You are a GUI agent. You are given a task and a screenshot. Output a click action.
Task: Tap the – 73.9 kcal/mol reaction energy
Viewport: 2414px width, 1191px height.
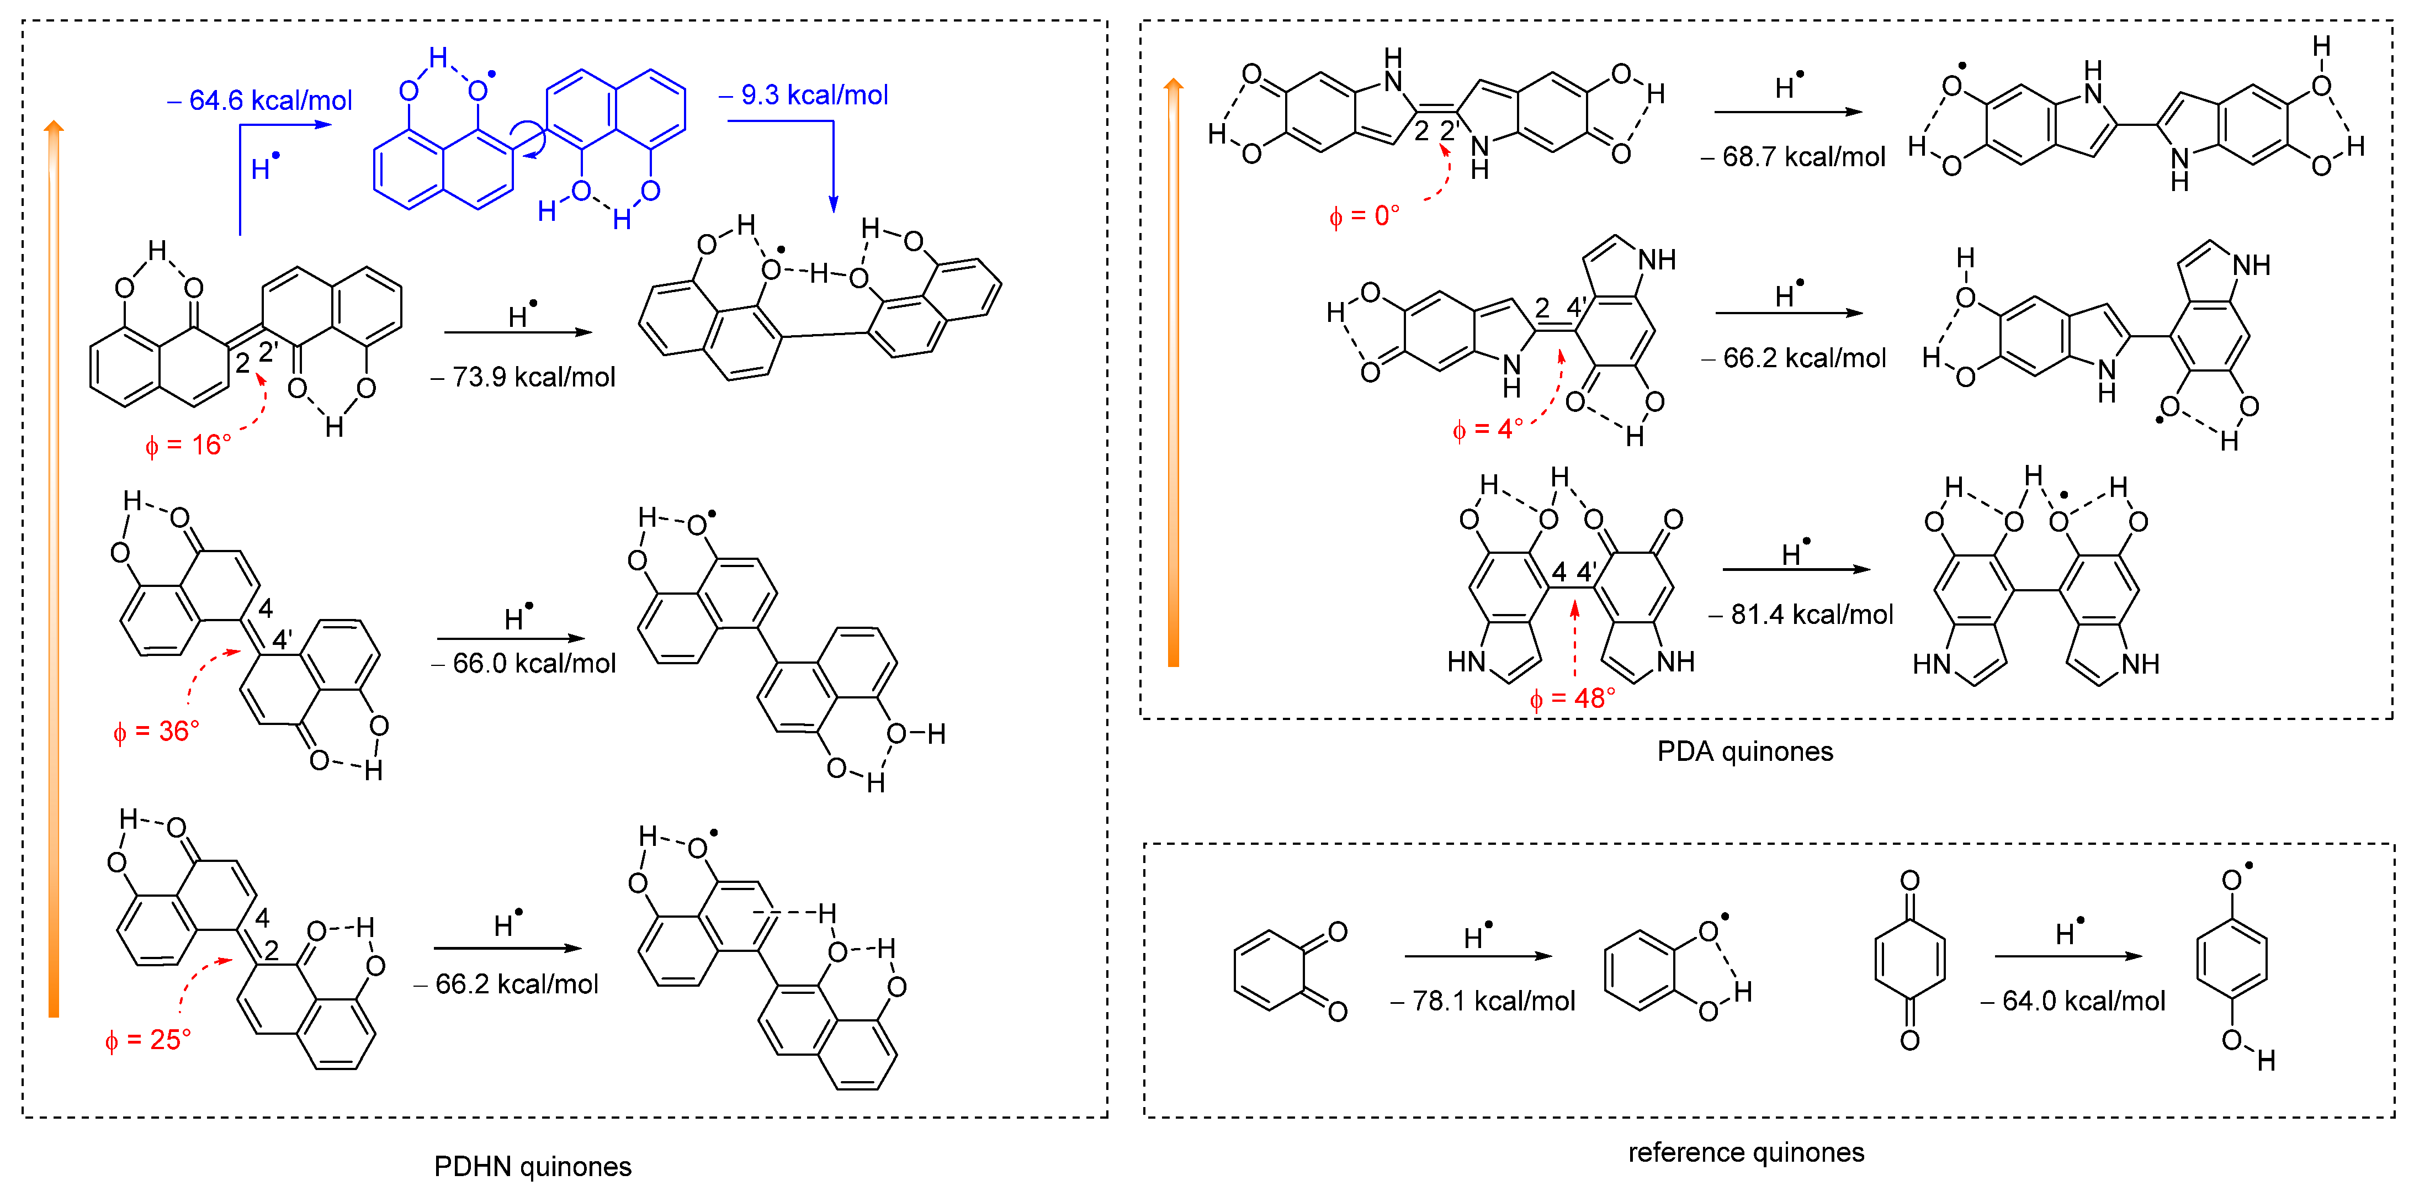(523, 377)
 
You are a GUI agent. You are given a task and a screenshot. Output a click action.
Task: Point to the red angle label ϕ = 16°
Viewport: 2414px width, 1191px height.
(188, 445)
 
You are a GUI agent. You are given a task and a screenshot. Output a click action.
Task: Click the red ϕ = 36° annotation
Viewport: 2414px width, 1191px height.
(156, 731)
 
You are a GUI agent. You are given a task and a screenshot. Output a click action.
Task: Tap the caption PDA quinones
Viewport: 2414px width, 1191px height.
(1745, 751)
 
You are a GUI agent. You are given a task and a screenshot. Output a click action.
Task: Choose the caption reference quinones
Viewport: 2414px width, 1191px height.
(1746, 1152)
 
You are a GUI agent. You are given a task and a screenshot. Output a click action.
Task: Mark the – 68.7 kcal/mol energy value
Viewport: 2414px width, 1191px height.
(1792, 156)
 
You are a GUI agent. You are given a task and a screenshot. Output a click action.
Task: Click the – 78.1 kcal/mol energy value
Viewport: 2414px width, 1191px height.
(1483, 1001)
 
